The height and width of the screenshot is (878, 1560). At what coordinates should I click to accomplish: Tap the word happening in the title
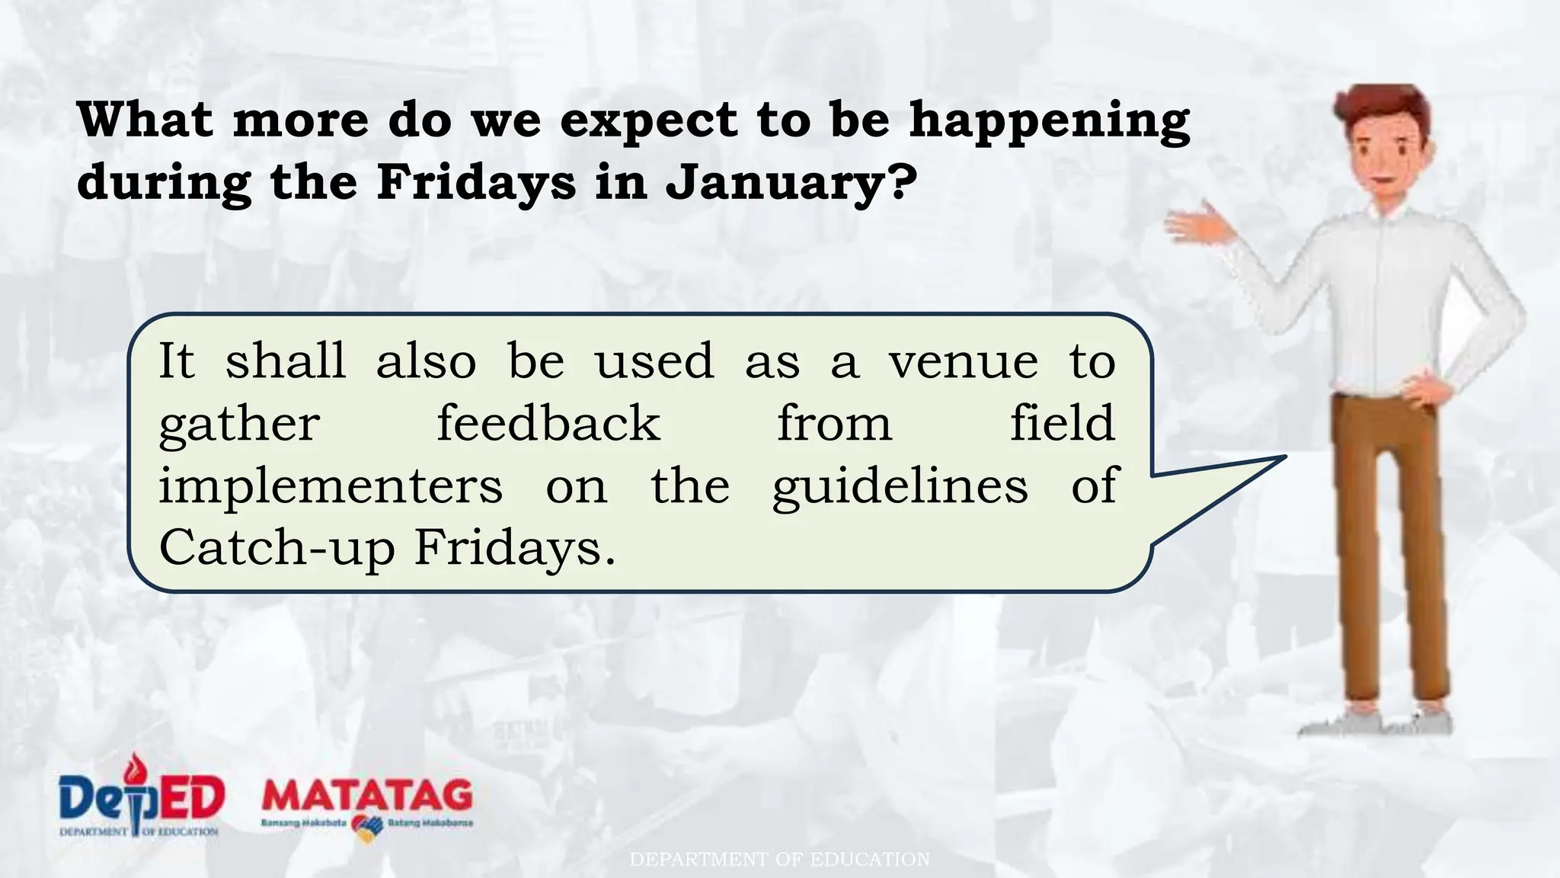pos(1049,122)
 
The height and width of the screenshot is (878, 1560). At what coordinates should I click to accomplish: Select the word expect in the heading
pos(649,122)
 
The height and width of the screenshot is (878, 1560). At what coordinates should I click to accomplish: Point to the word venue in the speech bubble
pos(963,361)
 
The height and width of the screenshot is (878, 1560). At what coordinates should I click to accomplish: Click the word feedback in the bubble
pos(548,424)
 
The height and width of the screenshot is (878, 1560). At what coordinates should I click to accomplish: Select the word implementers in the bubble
pos(331,486)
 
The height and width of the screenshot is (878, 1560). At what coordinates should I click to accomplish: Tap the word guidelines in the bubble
pos(900,488)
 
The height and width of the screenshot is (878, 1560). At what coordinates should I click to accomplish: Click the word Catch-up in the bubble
pos(277,549)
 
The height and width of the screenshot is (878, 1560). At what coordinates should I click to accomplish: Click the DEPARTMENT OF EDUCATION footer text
pos(779,860)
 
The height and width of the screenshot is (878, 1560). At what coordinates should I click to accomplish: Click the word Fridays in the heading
pos(476,183)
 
